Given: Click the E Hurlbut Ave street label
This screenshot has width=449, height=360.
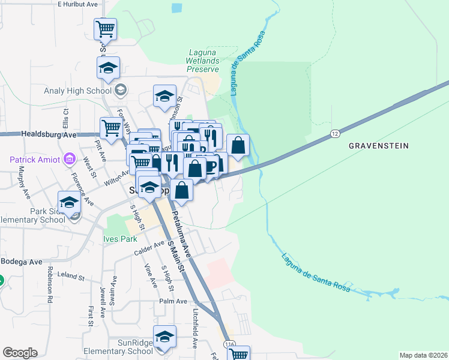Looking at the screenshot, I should (x=77, y=4).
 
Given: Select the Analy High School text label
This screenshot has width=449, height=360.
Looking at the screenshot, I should (x=78, y=91).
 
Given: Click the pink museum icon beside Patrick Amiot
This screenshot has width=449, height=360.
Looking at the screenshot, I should (x=69, y=160).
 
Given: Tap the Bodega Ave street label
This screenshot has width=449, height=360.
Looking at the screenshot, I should (x=22, y=262).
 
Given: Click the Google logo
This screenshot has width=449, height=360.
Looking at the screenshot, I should (x=20, y=353).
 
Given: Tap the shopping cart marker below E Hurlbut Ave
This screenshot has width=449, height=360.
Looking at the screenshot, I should (x=106, y=29).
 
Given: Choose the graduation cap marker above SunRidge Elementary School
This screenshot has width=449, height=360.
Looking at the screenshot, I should (x=164, y=337).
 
